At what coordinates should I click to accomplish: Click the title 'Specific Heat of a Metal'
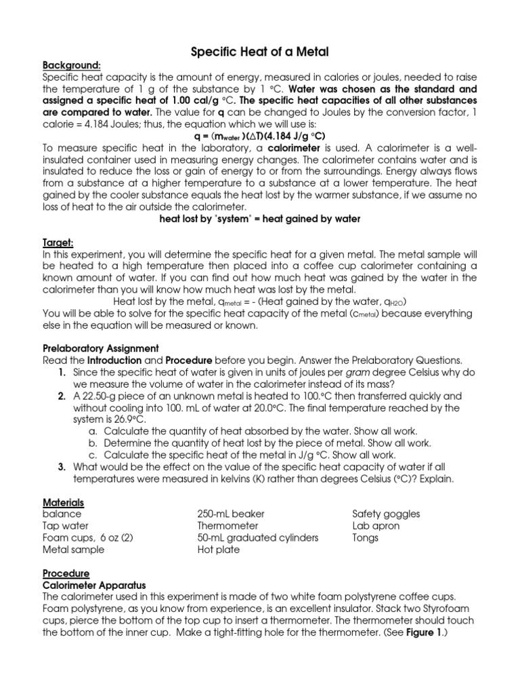click(x=260, y=52)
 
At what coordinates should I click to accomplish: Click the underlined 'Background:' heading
click(x=72, y=65)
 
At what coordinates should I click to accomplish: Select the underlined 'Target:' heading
click(x=58, y=243)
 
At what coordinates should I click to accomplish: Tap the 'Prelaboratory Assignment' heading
click(x=100, y=348)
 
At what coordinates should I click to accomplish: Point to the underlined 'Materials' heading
click(x=63, y=502)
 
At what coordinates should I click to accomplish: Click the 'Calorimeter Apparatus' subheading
click(x=94, y=585)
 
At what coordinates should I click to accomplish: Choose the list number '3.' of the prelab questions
click(x=61, y=468)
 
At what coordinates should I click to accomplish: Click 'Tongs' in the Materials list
click(x=366, y=538)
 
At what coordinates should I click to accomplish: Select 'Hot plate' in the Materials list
click(x=218, y=550)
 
